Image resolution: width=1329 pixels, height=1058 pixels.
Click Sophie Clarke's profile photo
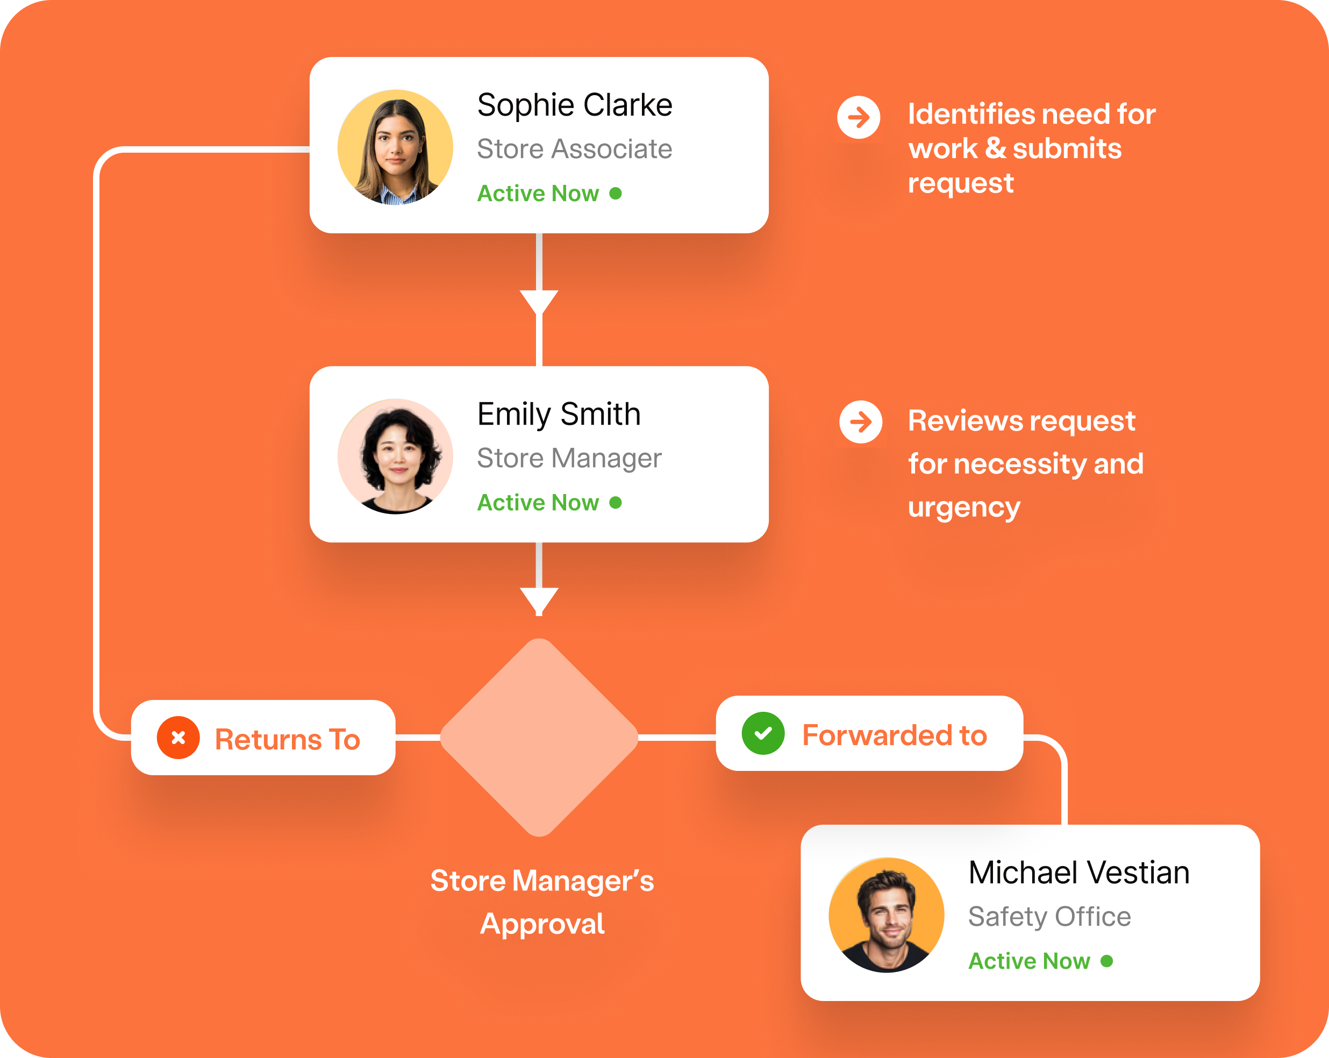395,147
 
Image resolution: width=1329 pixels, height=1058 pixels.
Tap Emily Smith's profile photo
395,456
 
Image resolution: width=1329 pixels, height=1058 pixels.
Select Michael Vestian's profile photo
887,915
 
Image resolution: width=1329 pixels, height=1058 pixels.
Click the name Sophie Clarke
575,105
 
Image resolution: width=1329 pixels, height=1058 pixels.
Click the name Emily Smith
559,414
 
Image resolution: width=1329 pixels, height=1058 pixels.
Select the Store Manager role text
569,458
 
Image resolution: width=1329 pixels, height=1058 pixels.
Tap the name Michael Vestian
1078,873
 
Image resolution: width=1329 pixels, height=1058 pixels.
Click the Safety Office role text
1049,917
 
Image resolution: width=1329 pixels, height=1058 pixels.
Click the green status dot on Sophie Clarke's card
615,194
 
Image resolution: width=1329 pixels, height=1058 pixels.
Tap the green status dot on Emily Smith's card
615,503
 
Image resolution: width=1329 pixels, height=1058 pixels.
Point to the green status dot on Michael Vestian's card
1106,961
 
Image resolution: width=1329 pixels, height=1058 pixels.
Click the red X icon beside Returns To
178,738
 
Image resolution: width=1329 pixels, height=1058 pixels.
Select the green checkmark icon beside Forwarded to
763,733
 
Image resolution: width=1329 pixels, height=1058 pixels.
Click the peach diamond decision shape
539,738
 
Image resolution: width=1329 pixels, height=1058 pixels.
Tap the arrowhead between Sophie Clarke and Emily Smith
539,301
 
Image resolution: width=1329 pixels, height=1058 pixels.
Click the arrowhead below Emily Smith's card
539,599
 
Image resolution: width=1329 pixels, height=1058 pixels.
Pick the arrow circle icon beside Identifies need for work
859,117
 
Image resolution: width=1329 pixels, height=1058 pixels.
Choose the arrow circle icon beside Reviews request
861,423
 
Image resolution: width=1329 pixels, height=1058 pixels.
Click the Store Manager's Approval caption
542,902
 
